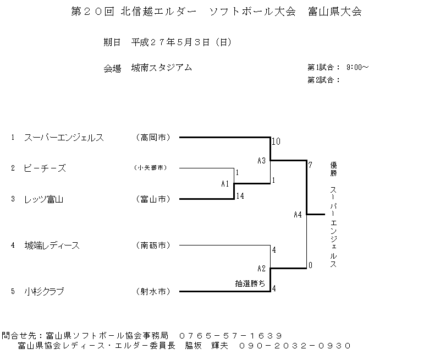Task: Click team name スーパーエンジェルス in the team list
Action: [x=64, y=138]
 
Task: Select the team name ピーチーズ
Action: [x=45, y=168]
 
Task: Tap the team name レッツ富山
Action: [x=44, y=199]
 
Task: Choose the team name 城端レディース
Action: [x=52, y=246]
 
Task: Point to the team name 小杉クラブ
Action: [x=44, y=292]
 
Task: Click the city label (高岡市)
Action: [x=153, y=138]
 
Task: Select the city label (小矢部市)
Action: [x=151, y=168]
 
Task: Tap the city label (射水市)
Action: [x=153, y=292]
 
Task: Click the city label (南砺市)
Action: [x=153, y=246]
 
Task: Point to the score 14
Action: [x=240, y=196]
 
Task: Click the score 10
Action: [x=276, y=141]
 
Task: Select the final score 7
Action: [x=310, y=165]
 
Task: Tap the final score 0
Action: [x=310, y=265]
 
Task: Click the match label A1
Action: [x=225, y=184]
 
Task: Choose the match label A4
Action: [x=298, y=215]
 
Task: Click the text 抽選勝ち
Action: [x=250, y=283]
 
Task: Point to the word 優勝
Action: [x=333, y=169]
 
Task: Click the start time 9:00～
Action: [x=358, y=67]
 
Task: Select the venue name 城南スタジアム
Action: [x=162, y=68]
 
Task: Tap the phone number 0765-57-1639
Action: [x=230, y=336]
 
